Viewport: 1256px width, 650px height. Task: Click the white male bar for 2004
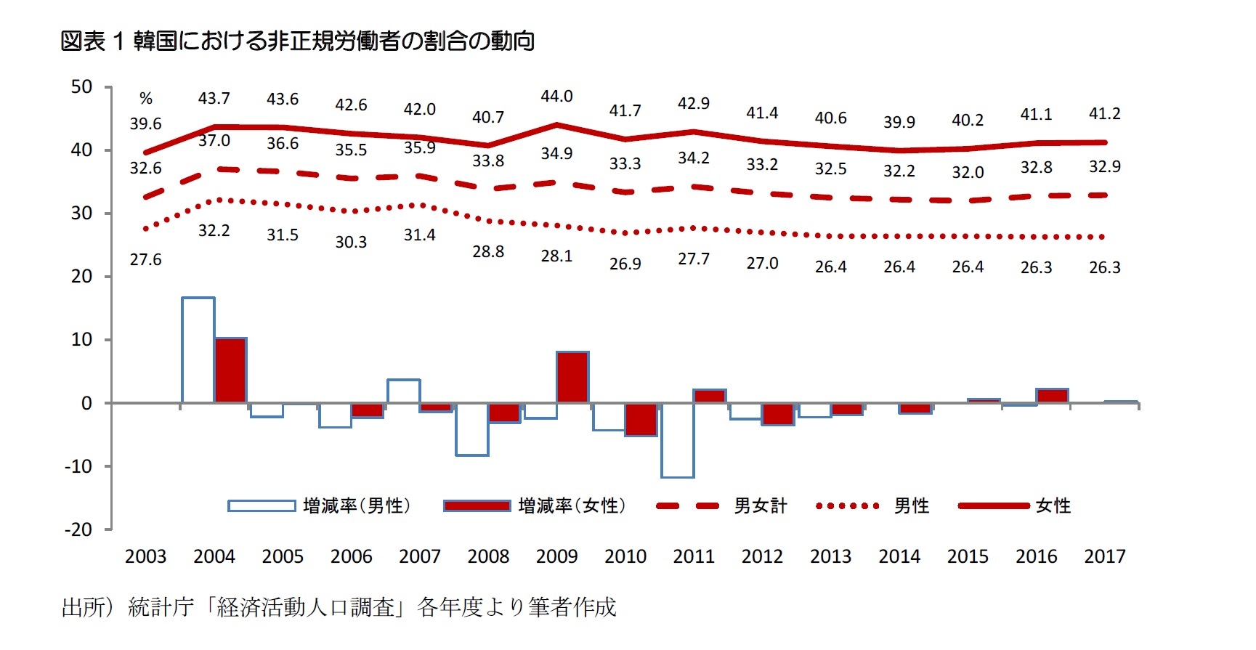[198, 350]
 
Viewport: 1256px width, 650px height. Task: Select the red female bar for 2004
[231, 370]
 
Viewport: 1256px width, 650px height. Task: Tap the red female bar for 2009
[572, 377]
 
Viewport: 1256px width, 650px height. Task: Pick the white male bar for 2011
[677, 440]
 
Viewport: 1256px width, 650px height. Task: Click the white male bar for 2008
[472, 429]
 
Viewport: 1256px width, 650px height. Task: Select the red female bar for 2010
[641, 419]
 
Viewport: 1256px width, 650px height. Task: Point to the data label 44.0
[556, 97]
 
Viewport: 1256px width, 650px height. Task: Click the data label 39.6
[145, 124]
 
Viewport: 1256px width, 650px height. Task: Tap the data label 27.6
[145, 260]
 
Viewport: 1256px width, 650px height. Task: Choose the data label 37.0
[214, 141]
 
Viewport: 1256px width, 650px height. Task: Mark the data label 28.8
[488, 252]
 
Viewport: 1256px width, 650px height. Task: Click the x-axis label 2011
[694, 557]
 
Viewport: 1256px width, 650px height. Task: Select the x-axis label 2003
[145, 557]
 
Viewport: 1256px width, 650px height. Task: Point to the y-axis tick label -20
[78, 529]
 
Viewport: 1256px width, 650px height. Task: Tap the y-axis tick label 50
[81, 87]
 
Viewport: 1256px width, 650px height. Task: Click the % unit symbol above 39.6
[146, 99]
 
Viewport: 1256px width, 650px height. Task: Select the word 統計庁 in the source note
[161, 607]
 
